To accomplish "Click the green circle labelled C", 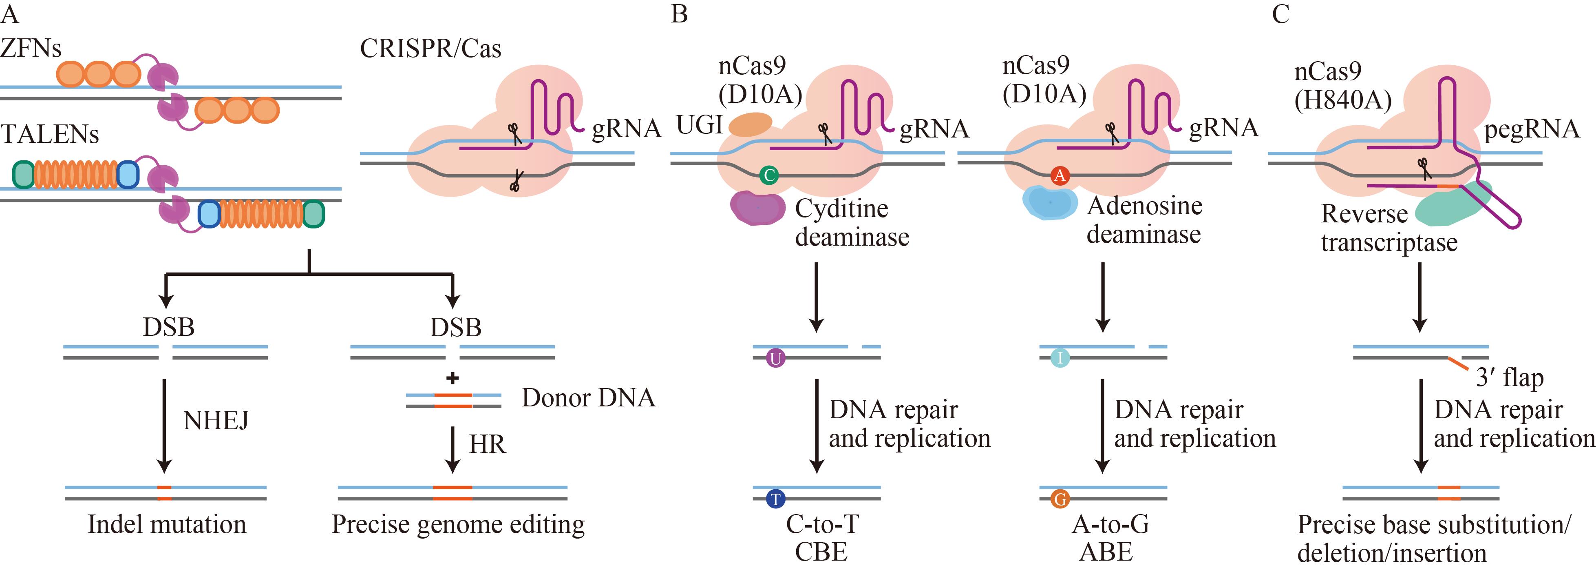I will tap(769, 175).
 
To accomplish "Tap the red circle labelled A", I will tap(1060, 175).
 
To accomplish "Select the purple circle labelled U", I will tap(776, 358).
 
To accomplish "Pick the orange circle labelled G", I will tap(1060, 499).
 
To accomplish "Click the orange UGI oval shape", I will tap(750, 124).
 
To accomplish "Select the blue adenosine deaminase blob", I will tap(1049, 203).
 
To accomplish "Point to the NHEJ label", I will tap(216, 421).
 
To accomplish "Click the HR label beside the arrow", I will tap(487, 444).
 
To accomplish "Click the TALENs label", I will tap(50, 134).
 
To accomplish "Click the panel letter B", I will tap(679, 13).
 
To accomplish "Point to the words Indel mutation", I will tap(167, 525).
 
